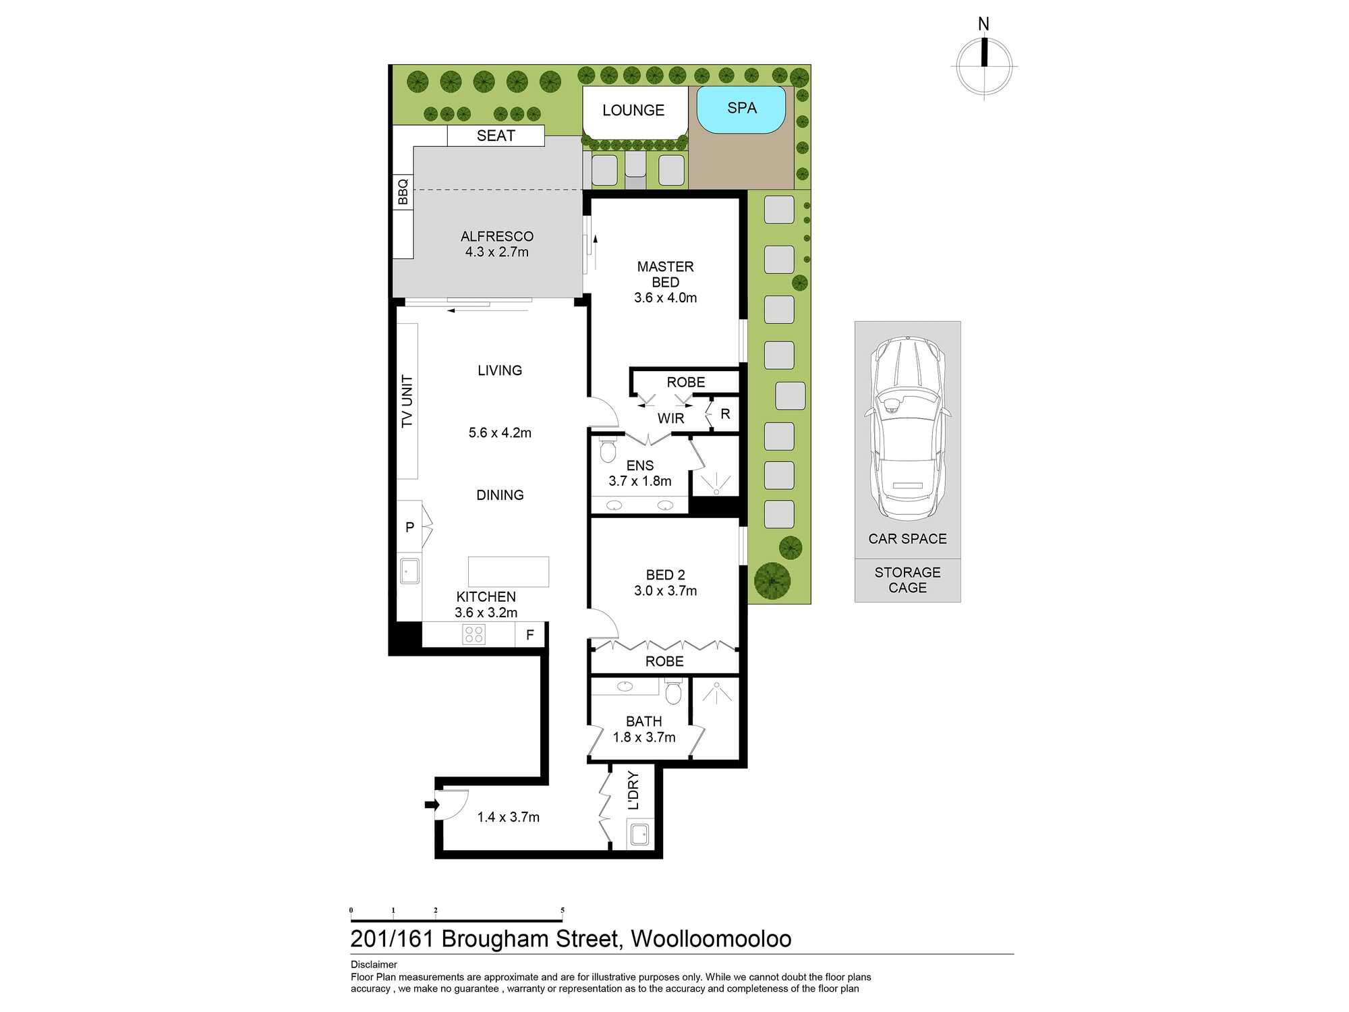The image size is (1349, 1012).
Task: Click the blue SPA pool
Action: (741, 109)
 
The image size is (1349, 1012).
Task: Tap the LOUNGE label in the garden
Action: (633, 110)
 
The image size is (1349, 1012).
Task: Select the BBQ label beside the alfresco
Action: (403, 192)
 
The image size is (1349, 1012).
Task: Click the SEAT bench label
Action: (496, 136)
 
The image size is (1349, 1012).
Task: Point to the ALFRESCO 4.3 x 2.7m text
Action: (497, 244)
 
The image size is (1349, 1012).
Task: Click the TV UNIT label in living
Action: (407, 401)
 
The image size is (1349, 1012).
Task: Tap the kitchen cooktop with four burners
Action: (473, 634)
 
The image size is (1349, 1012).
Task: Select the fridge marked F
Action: (529, 635)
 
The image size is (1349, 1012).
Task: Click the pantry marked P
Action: (409, 528)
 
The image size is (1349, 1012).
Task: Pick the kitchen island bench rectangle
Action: (508, 571)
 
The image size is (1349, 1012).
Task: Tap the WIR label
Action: (670, 418)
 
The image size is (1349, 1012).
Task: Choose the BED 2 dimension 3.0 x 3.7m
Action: (665, 591)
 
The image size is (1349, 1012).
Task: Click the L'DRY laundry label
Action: (633, 790)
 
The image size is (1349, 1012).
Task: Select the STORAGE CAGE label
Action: (907, 580)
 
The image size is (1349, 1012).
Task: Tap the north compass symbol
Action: (984, 65)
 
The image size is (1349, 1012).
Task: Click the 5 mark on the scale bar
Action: (562, 911)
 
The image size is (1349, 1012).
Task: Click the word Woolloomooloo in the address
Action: (711, 939)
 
